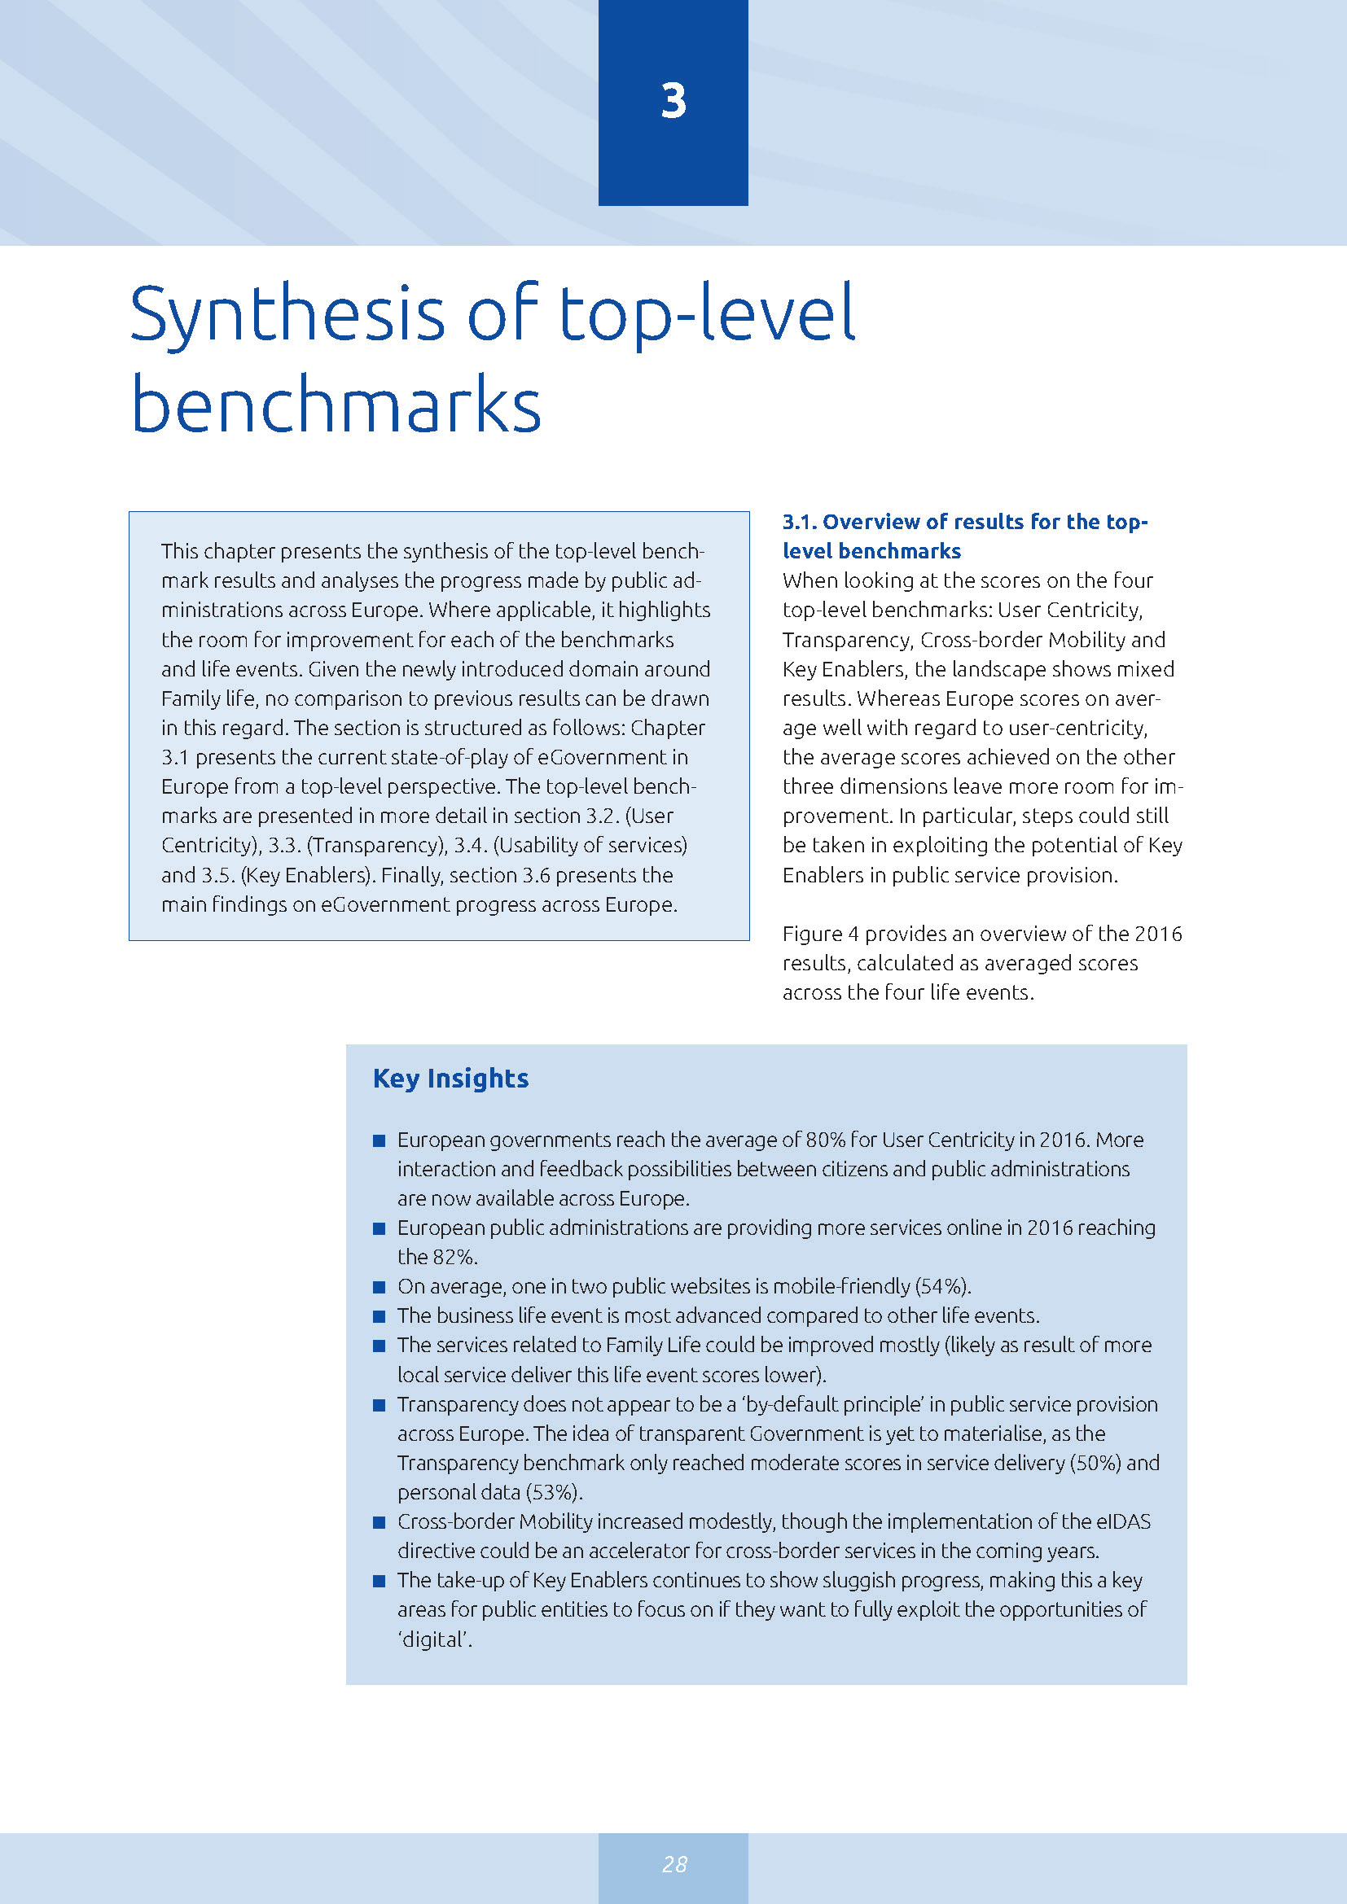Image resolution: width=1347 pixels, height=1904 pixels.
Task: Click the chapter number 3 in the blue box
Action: [x=673, y=101]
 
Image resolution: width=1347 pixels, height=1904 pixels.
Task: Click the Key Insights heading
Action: [x=450, y=1078]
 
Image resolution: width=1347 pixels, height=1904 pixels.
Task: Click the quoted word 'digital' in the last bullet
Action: [x=434, y=1639]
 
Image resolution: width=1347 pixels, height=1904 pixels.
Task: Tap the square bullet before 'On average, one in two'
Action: [x=379, y=1287]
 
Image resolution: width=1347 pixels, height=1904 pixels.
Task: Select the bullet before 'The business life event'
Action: [x=379, y=1316]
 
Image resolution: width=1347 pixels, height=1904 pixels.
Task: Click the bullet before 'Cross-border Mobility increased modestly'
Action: [x=379, y=1522]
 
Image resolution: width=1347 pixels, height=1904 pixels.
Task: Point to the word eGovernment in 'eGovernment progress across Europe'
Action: [x=384, y=904]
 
